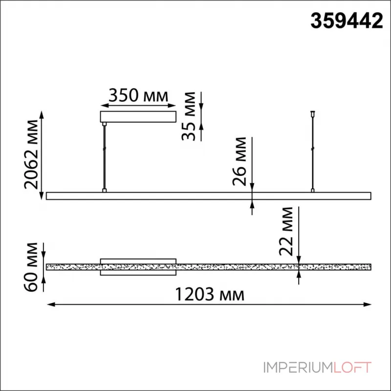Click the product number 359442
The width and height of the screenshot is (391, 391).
tap(347, 21)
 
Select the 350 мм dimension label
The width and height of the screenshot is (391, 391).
tap(138, 95)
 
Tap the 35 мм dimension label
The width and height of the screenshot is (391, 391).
tap(189, 116)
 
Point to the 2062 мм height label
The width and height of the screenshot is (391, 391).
tap(31, 154)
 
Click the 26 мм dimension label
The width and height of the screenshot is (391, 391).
tap(239, 161)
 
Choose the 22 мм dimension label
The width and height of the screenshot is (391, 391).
tap(286, 231)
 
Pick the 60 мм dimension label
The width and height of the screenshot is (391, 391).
tap(31, 267)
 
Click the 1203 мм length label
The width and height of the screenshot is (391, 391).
tap(210, 294)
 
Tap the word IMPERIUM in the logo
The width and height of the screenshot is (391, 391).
tap(299, 368)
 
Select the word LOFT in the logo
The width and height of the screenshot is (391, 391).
tap(352, 368)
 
